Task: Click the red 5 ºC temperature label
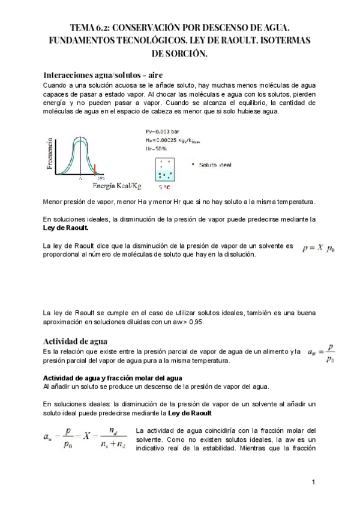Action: pos(164,188)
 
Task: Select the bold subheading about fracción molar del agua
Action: pos(113,378)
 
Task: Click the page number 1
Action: pos(313,482)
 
